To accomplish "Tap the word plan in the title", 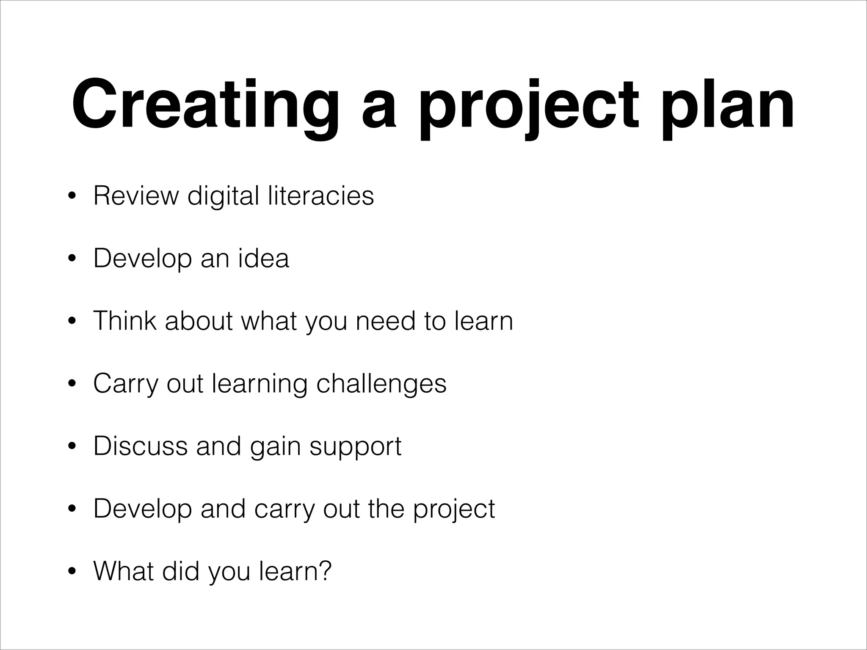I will click(x=727, y=105).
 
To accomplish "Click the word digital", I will click(x=223, y=196).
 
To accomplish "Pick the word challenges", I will click(x=381, y=383).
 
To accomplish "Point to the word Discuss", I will click(x=140, y=446).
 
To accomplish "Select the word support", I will click(x=355, y=446).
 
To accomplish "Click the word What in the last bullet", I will click(x=123, y=571).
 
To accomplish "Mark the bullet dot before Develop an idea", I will click(x=72, y=259).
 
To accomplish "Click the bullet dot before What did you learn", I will click(x=72, y=572).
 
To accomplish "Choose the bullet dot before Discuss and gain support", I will click(x=72, y=447).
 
